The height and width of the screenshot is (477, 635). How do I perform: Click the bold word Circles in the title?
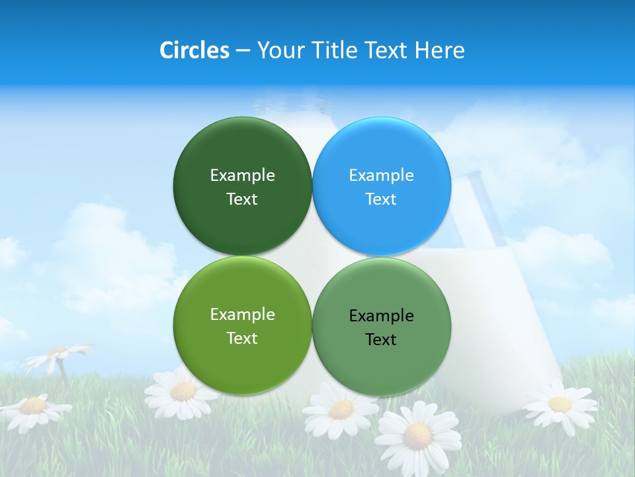point(194,50)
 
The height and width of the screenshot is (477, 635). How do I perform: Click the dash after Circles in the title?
point(243,51)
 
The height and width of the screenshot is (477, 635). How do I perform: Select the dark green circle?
point(242,186)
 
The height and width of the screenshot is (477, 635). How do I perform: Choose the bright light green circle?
point(242,325)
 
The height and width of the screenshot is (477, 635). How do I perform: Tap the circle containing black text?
point(382,325)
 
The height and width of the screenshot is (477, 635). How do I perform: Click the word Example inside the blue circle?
point(382,176)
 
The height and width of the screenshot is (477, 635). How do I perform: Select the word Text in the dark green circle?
point(242,199)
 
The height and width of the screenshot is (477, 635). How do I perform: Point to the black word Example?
point(382,316)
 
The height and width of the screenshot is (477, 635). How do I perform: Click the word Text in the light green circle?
point(242,339)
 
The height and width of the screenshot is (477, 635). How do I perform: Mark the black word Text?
point(381,340)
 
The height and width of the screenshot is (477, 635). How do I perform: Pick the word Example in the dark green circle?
point(242,176)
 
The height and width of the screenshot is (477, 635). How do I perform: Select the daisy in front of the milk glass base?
point(559,403)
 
